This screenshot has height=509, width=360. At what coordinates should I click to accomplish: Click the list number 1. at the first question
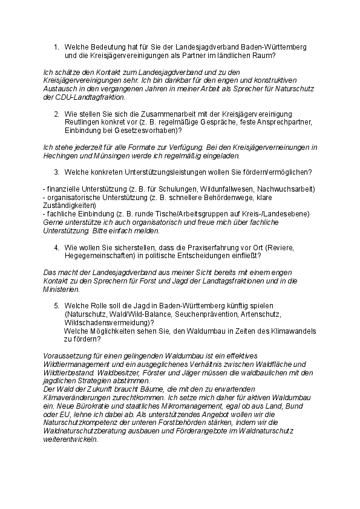coord(56,47)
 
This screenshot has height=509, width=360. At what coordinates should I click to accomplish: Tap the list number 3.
coord(56,172)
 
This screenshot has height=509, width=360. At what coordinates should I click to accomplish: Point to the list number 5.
coord(56,306)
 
